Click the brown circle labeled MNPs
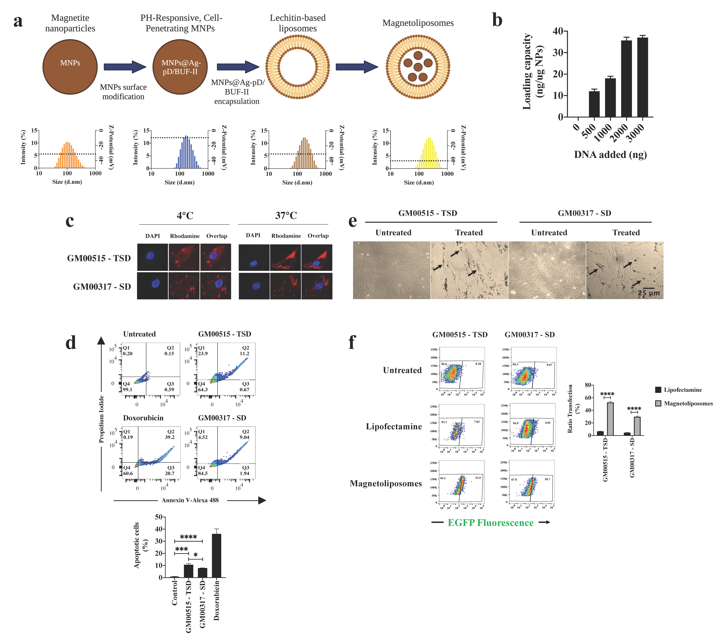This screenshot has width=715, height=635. [70, 67]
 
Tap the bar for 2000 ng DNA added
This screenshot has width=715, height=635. [626, 79]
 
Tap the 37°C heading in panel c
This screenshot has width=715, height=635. [286, 216]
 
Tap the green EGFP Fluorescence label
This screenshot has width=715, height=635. [490, 522]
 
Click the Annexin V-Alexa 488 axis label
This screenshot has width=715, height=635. [190, 500]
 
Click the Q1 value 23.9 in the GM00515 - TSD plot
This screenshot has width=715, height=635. [203, 353]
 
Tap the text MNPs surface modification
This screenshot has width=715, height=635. [123, 92]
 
